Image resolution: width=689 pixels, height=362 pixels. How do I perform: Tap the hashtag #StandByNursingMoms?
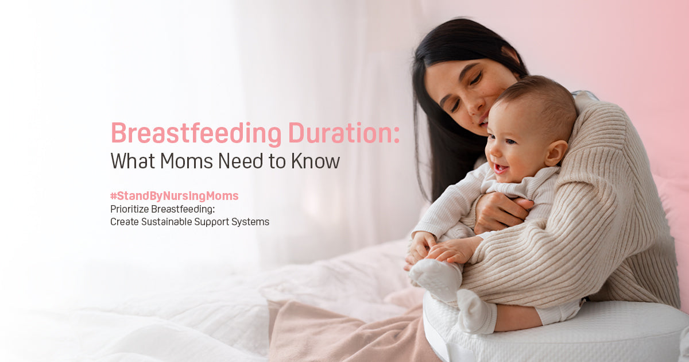175,196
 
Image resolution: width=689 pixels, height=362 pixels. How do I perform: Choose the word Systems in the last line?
250,221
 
